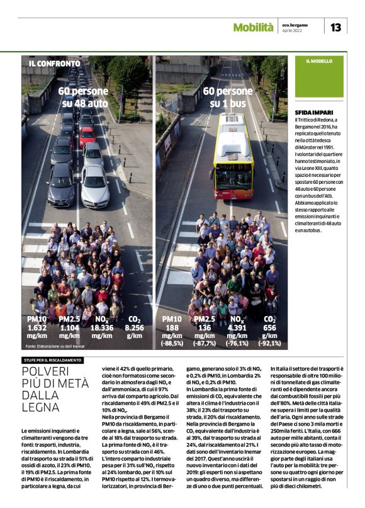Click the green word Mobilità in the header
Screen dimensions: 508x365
point(253,27)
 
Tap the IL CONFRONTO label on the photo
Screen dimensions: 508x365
point(54,64)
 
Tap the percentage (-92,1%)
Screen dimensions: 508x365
point(269,344)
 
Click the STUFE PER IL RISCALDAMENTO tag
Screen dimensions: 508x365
point(53,359)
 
